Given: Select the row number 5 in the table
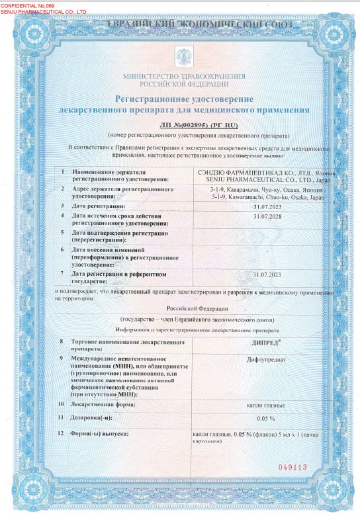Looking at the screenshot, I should click(62, 233).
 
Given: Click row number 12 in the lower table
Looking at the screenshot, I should click(62, 433).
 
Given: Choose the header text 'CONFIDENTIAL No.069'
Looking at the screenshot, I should click(37, 5).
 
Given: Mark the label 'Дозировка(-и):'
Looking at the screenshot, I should click(97, 417).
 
